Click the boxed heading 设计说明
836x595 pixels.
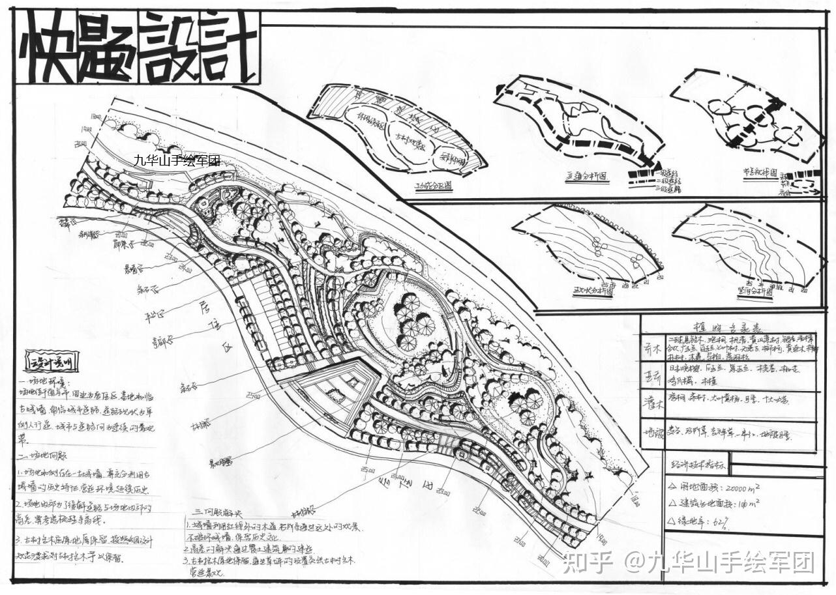point(51,360)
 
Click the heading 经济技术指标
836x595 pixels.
point(697,465)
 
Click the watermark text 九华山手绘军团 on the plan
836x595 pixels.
point(177,160)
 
